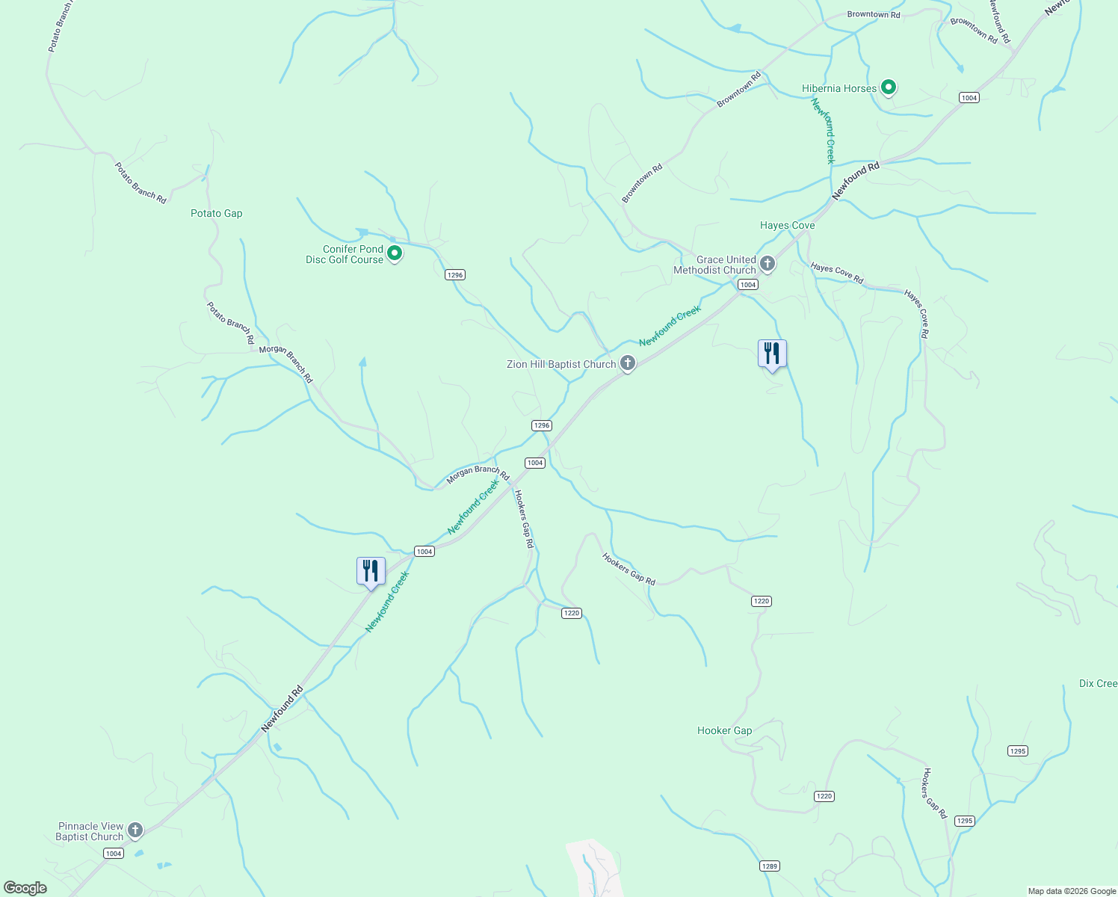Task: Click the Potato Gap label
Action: pyautogui.click(x=216, y=213)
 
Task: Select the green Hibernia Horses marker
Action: pyautogui.click(x=889, y=87)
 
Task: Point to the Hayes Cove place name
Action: pyautogui.click(x=787, y=225)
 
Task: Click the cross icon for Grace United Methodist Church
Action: pyautogui.click(x=768, y=263)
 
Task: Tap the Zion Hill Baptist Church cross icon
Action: pyautogui.click(x=628, y=363)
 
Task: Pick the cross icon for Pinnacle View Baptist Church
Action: pyautogui.click(x=135, y=830)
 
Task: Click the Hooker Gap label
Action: pyautogui.click(x=724, y=730)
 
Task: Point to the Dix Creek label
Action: pyautogui.click(x=1098, y=683)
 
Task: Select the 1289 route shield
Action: pyautogui.click(x=769, y=866)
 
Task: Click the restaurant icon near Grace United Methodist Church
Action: pyautogui.click(x=772, y=353)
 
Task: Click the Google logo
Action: pyautogui.click(x=25, y=888)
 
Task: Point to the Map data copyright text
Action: pyautogui.click(x=1071, y=891)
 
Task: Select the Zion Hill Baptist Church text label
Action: pyautogui.click(x=561, y=364)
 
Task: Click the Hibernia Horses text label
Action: pyautogui.click(x=838, y=88)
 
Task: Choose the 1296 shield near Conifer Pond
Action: pyautogui.click(x=455, y=274)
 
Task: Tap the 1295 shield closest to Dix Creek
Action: pyautogui.click(x=1017, y=751)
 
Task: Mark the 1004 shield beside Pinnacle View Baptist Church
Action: pyautogui.click(x=113, y=854)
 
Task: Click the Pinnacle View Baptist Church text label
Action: pyautogui.click(x=90, y=831)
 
